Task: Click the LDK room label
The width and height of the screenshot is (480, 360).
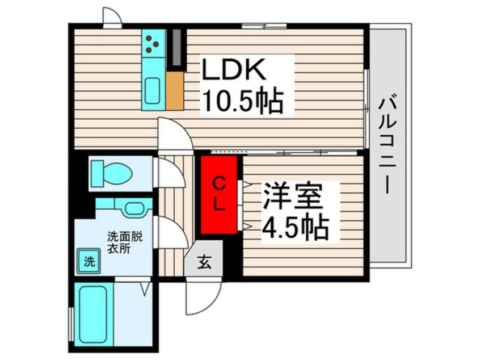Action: (233, 69)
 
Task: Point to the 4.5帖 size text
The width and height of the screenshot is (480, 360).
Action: (296, 227)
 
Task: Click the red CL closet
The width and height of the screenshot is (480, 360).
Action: (219, 195)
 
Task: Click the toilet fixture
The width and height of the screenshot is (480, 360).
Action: (112, 173)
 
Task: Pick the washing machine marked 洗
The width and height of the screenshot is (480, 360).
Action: (89, 261)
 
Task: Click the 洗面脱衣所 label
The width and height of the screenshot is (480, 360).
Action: (125, 242)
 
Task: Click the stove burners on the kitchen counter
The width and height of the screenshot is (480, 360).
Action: (152, 44)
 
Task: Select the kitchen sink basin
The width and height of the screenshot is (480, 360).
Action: (152, 91)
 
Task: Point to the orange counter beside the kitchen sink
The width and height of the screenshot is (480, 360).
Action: (175, 91)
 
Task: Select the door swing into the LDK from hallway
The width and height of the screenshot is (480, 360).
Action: (175, 135)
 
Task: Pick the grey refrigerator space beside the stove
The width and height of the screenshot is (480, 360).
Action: (176, 48)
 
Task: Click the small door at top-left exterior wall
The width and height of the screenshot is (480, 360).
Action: (112, 18)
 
